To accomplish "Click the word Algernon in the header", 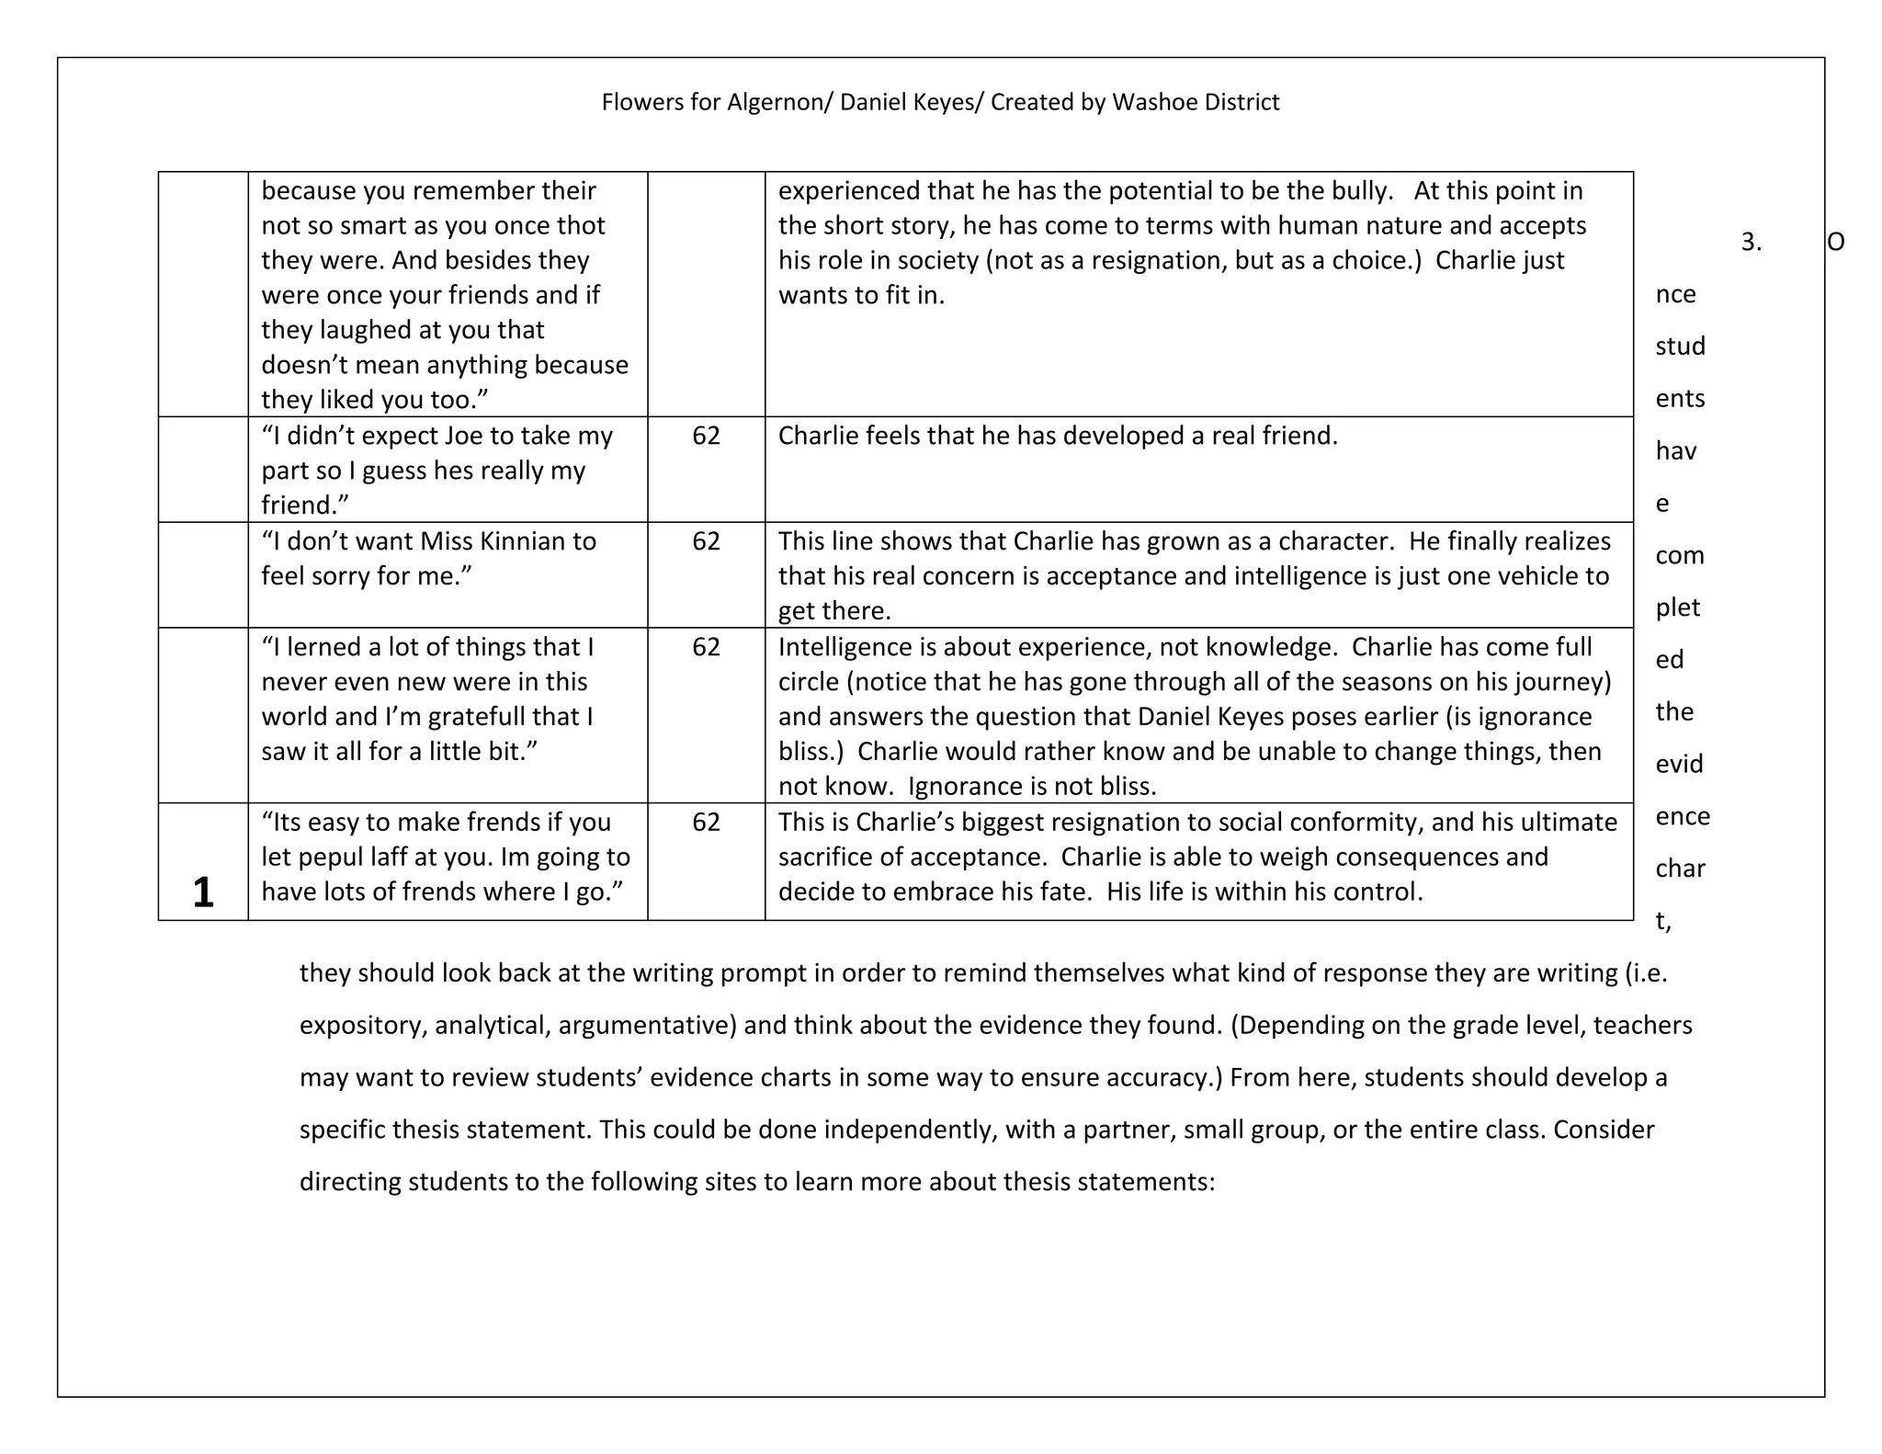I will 776,102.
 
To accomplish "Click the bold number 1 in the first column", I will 203,892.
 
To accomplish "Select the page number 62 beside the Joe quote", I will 706,436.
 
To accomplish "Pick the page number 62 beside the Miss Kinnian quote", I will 706,541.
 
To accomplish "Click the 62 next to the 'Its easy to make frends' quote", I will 706,822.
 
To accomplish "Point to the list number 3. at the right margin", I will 1751,243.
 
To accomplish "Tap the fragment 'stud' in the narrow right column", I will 1680,346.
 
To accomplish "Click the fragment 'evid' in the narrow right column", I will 1679,765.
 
